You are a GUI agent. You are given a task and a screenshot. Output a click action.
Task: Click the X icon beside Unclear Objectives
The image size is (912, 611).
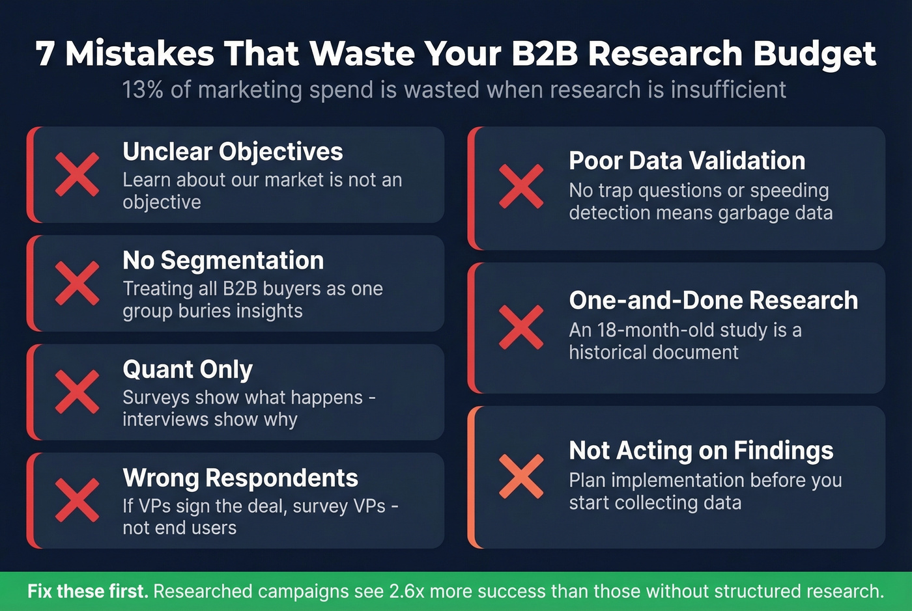click(78, 174)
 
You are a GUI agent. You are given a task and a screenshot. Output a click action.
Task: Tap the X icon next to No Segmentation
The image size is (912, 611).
click(78, 283)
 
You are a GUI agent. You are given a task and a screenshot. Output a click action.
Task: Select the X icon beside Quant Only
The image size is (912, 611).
click(78, 392)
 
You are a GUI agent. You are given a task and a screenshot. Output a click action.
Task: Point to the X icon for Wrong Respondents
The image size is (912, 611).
click(78, 500)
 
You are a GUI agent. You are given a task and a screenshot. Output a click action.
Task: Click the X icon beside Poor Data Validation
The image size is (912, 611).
click(521, 186)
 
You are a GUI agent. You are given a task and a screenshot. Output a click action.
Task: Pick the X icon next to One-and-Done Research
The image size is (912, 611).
click(521, 327)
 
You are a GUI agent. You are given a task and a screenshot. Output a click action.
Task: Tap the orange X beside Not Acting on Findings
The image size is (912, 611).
click(521, 476)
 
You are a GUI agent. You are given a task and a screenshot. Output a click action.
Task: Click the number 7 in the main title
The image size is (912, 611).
click(45, 54)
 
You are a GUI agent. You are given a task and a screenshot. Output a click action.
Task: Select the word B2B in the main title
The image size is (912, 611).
click(545, 54)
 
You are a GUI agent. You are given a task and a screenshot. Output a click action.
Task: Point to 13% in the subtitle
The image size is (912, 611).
click(143, 90)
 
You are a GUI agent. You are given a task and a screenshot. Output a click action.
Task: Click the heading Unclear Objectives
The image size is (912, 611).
click(233, 152)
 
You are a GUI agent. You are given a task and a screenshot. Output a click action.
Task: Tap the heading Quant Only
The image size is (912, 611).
click(188, 370)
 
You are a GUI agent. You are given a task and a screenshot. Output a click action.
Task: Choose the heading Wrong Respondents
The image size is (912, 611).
click(240, 478)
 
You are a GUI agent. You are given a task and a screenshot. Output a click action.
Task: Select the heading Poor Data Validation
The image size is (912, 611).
click(687, 161)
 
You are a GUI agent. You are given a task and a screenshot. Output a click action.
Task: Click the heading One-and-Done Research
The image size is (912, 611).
click(713, 301)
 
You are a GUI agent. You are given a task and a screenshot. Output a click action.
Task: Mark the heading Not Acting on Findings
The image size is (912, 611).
click(701, 450)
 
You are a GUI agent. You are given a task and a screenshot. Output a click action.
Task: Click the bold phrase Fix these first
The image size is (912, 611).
click(87, 591)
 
